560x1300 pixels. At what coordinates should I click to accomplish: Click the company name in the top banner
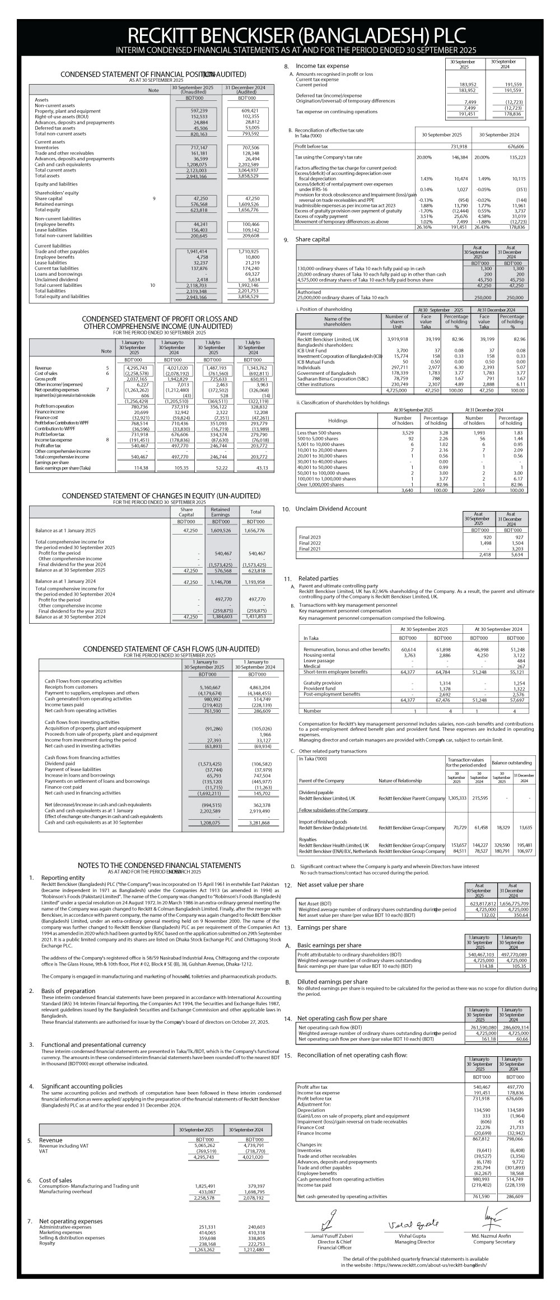coord(280,35)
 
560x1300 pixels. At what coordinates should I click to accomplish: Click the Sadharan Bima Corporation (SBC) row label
coord(326,378)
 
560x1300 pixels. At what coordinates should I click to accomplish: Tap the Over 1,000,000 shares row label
coord(320,484)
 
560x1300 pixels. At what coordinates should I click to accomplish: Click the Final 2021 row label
coord(310,549)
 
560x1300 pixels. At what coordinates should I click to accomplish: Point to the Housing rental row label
coord(320,654)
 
